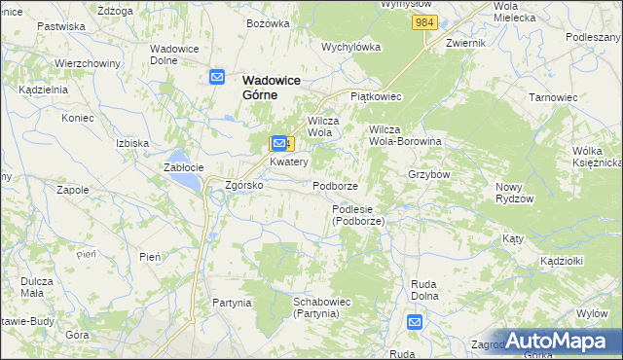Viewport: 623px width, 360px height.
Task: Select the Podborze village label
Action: click(336, 185)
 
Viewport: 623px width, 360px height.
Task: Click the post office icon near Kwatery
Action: click(279, 143)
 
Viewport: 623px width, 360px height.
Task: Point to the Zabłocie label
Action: click(183, 166)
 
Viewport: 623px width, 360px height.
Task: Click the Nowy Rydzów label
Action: click(515, 192)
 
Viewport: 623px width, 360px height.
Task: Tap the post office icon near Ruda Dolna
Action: click(415, 322)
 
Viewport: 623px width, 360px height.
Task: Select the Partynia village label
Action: click(233, 303)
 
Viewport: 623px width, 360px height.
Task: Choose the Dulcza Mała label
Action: click(37, 287)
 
